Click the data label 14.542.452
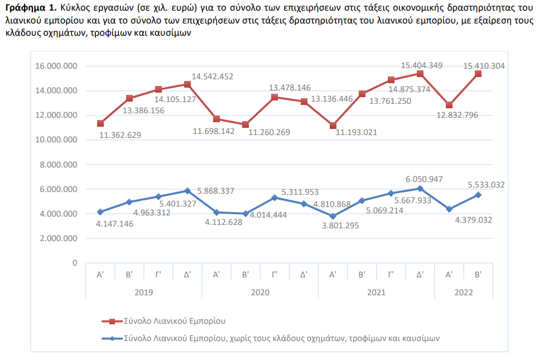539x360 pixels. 212,76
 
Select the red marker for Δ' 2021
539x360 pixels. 420,74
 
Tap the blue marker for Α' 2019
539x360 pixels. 100,212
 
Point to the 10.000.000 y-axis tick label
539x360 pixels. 56,140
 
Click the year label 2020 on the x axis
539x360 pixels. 260,292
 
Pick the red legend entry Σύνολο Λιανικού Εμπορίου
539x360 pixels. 175,321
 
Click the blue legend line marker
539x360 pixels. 112,338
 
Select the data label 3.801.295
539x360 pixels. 340,225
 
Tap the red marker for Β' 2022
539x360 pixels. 478,74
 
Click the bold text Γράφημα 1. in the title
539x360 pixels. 31,8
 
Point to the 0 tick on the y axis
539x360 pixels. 75,263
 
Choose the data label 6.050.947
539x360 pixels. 424,179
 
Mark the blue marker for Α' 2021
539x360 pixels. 333,216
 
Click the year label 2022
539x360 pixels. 464,292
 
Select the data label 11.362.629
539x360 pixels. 120,135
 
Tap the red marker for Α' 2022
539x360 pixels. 449,105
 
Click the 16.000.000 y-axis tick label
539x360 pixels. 56,66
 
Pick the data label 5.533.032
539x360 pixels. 486,185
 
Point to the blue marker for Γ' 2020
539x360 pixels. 275,198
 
